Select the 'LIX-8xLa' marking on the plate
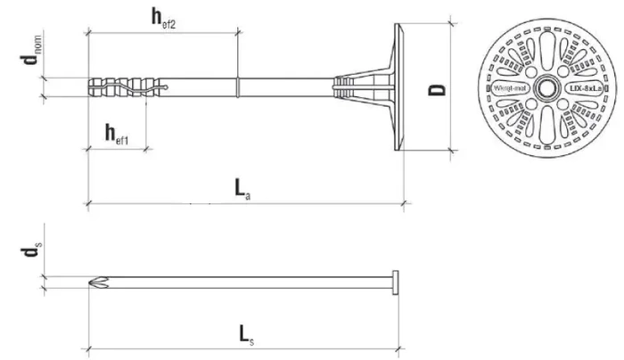(581, 88)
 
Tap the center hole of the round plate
(544, 88)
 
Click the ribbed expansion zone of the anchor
(125, 87)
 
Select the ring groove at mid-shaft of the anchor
(237, 87)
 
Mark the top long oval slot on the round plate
(544, 49)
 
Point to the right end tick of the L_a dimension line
(404, 204)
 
